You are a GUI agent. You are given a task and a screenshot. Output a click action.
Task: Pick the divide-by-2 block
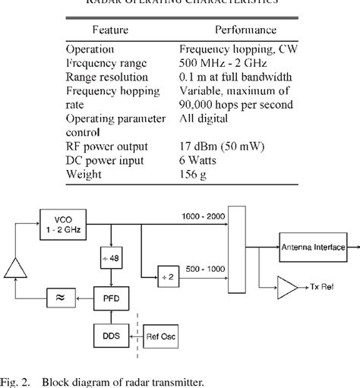(168, 276)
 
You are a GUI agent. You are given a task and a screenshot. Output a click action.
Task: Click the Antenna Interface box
(313, 248)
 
